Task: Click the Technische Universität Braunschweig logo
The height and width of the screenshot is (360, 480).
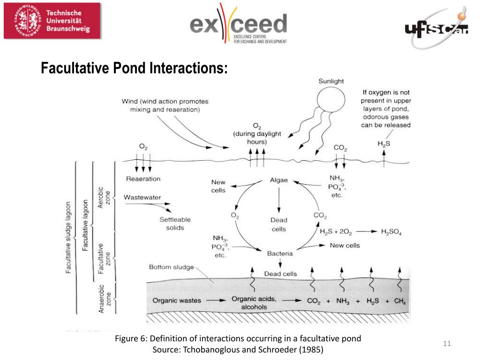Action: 52,21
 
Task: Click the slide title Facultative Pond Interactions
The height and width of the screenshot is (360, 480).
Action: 134,68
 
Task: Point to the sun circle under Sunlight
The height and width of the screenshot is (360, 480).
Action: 330,100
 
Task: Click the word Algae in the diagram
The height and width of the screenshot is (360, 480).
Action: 279,180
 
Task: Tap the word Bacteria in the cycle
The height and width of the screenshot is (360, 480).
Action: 280,254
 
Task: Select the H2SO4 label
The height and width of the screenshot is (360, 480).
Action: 391,232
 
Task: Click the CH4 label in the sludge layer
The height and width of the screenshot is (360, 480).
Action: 399,301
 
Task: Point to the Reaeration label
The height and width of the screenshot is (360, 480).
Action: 143,179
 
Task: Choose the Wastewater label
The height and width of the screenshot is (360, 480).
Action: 142,197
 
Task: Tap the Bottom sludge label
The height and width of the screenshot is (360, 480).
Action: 171,267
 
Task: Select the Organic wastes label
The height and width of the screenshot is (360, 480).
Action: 177,300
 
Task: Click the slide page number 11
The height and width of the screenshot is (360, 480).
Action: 447,345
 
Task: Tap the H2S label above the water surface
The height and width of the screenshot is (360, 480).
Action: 384,144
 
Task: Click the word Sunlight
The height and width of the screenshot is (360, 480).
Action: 331,81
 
